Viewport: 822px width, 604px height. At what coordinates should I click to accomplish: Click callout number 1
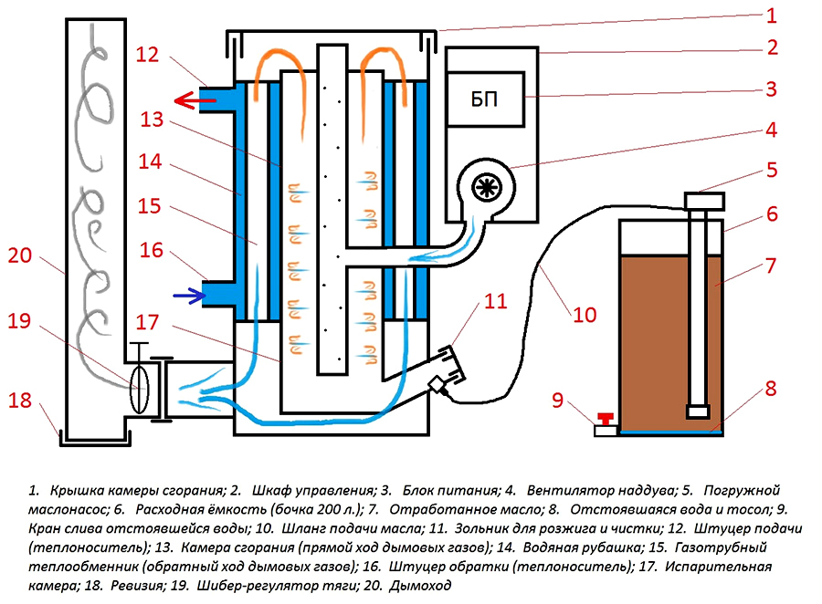click(771, 16)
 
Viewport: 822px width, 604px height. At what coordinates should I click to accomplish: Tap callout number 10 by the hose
click(585, 315)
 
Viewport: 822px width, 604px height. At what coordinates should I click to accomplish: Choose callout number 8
click(771, 388)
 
